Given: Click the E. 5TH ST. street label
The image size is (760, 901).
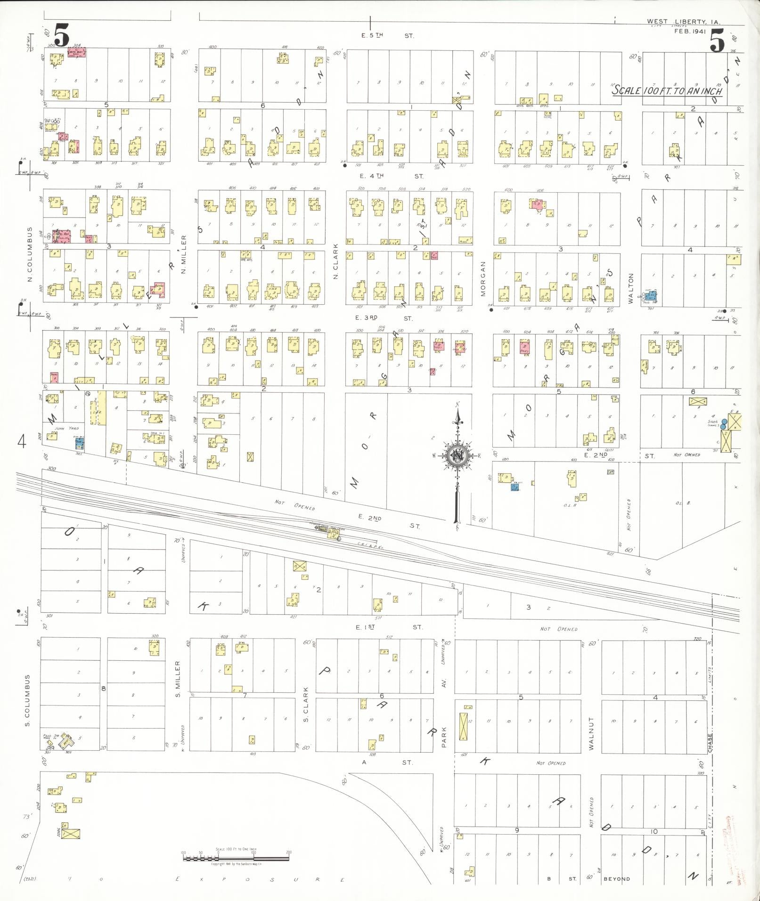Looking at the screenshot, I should pos(387,35).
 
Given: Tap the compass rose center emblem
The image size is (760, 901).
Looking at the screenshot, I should pos(456,455).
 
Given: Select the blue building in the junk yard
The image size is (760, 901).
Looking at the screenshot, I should pos(80,443).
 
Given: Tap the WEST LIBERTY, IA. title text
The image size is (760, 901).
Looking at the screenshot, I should pos(683,22).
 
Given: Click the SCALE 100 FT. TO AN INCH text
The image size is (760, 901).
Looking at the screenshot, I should pos(666,90).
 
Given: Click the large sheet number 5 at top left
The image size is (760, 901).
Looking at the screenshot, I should pos(62,35).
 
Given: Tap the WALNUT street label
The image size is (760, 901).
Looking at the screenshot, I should pos(591,733).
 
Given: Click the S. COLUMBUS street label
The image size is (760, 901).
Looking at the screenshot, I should pos(27,700).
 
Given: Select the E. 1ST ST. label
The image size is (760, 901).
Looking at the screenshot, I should pos(389,627).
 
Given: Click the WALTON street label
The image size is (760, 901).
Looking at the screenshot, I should pos(631,289).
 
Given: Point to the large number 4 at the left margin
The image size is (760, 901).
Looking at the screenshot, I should pos(22,442).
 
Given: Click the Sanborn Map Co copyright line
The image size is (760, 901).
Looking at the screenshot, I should pos(236,864).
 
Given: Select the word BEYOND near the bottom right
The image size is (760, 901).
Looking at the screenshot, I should pos(617,879).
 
